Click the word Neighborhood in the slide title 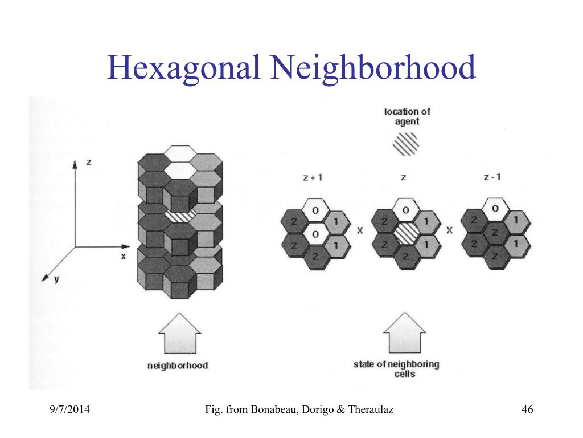[x=373, y=68]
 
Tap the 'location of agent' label [x=407, y=116]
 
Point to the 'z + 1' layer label [x=313, y=177]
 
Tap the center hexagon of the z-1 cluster [x=495, y=232]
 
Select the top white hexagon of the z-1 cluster [x=495, y=209]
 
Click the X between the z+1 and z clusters [x=360, y=231]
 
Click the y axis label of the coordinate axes [x=56, y=281]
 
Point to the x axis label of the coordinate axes [x=123, y=256]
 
